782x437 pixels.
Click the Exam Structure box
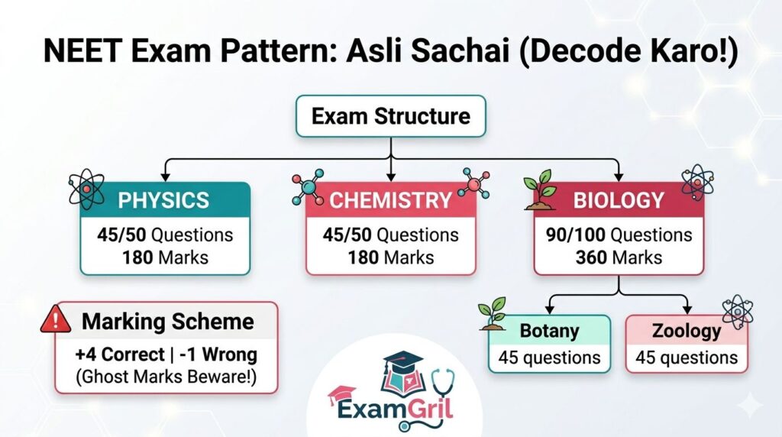click(390, 116)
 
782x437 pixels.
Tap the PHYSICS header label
click(163, 200)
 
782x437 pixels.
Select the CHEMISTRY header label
click(390, 200)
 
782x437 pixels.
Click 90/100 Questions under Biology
click(619, 235)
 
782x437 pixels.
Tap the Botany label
click(549, 332)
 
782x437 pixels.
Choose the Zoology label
click(686, 332)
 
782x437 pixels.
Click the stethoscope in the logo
click(442, 382)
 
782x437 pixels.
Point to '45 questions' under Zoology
click(686, 357)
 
